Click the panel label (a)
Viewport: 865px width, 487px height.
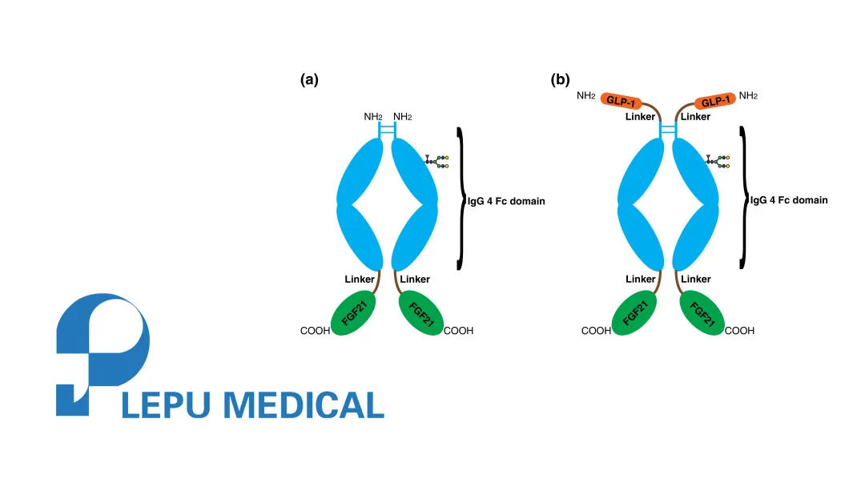309,79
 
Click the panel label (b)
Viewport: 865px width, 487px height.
561,79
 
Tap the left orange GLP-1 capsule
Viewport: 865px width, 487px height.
622,100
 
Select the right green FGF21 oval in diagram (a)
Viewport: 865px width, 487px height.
420,313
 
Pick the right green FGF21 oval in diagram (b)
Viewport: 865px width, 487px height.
702,313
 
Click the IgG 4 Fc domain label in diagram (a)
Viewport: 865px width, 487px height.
506,201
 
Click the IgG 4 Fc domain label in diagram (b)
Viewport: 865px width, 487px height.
789,200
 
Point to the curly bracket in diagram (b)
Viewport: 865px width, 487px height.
743,196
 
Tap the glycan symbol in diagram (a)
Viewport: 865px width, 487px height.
437,162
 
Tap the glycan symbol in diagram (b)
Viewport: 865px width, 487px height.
718,162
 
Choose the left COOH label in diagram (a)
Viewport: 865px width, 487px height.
315,330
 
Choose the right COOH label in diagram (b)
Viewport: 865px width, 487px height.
739,330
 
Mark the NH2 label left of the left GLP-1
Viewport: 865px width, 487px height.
585,96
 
